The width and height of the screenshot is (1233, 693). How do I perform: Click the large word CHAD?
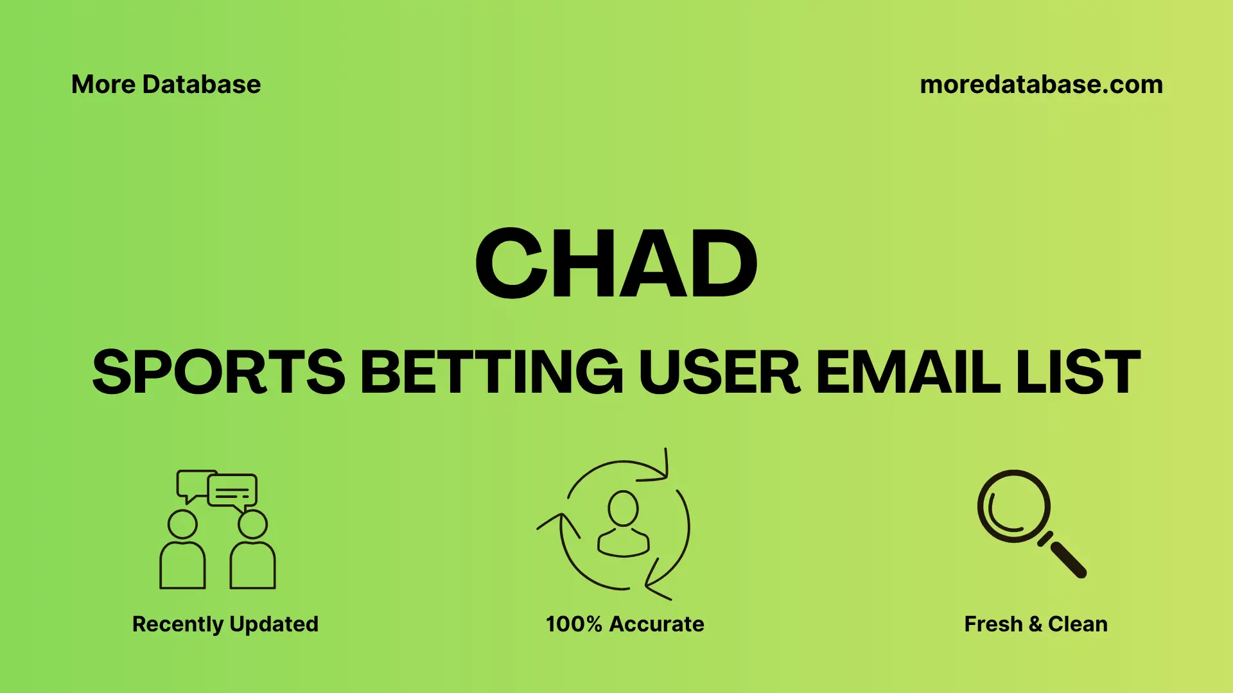coord(616,264)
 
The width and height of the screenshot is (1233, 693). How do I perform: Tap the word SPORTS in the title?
coord(219,372)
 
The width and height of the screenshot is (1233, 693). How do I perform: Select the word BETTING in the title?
coord(491,372)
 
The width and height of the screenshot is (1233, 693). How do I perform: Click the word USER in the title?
coord(719,372)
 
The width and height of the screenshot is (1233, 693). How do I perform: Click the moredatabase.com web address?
coord(1041,85)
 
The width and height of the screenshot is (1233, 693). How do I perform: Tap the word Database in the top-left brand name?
coord(202,85)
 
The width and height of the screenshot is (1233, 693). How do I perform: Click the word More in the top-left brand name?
coord(103,85)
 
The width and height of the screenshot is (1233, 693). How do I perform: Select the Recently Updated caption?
coord(225,624)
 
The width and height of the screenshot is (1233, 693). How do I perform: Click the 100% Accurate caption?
coord(625,624)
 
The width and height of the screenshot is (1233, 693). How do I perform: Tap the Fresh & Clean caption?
coord(1035,624)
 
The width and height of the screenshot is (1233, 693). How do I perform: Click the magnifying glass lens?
coord(1013,506)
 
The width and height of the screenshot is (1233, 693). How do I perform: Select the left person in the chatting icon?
coord(182,552)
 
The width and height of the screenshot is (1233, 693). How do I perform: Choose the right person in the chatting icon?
coord(252,552)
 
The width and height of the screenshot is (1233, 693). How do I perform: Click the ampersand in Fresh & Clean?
coord(1035,624)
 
